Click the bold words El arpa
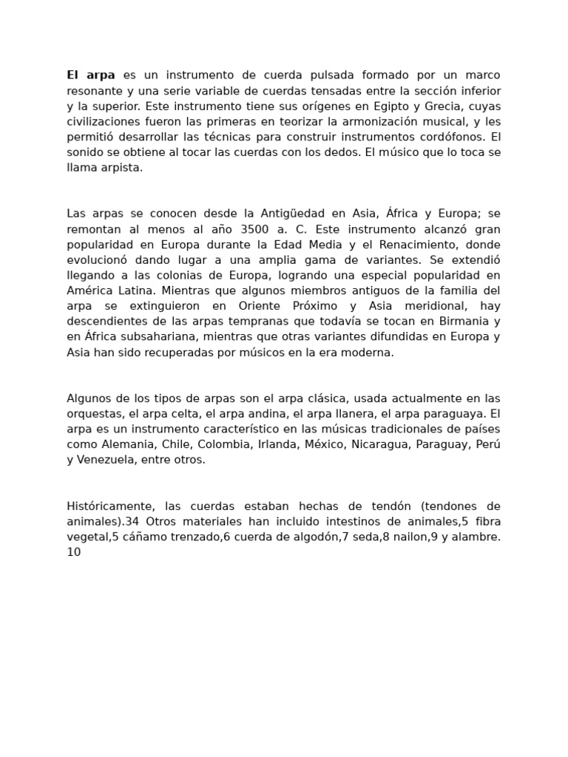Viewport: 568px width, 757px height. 91,75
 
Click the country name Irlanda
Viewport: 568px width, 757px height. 274,444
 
